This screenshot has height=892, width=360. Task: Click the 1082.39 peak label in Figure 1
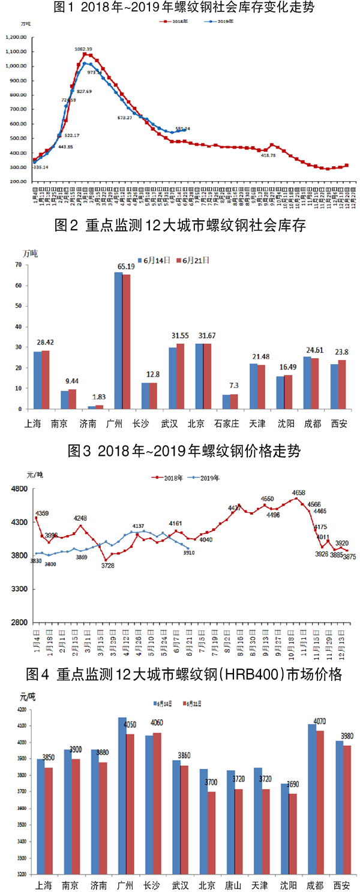click(83, 49)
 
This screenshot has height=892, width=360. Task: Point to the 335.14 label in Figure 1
click(41, 167)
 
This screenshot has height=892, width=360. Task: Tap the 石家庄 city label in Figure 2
click(227, 423)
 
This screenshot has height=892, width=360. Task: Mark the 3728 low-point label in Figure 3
click(107, 565)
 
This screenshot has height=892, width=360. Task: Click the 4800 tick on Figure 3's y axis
click(20, 489)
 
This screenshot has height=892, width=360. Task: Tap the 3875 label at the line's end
click(348, 557)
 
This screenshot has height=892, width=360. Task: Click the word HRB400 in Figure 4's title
click(248, 675)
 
